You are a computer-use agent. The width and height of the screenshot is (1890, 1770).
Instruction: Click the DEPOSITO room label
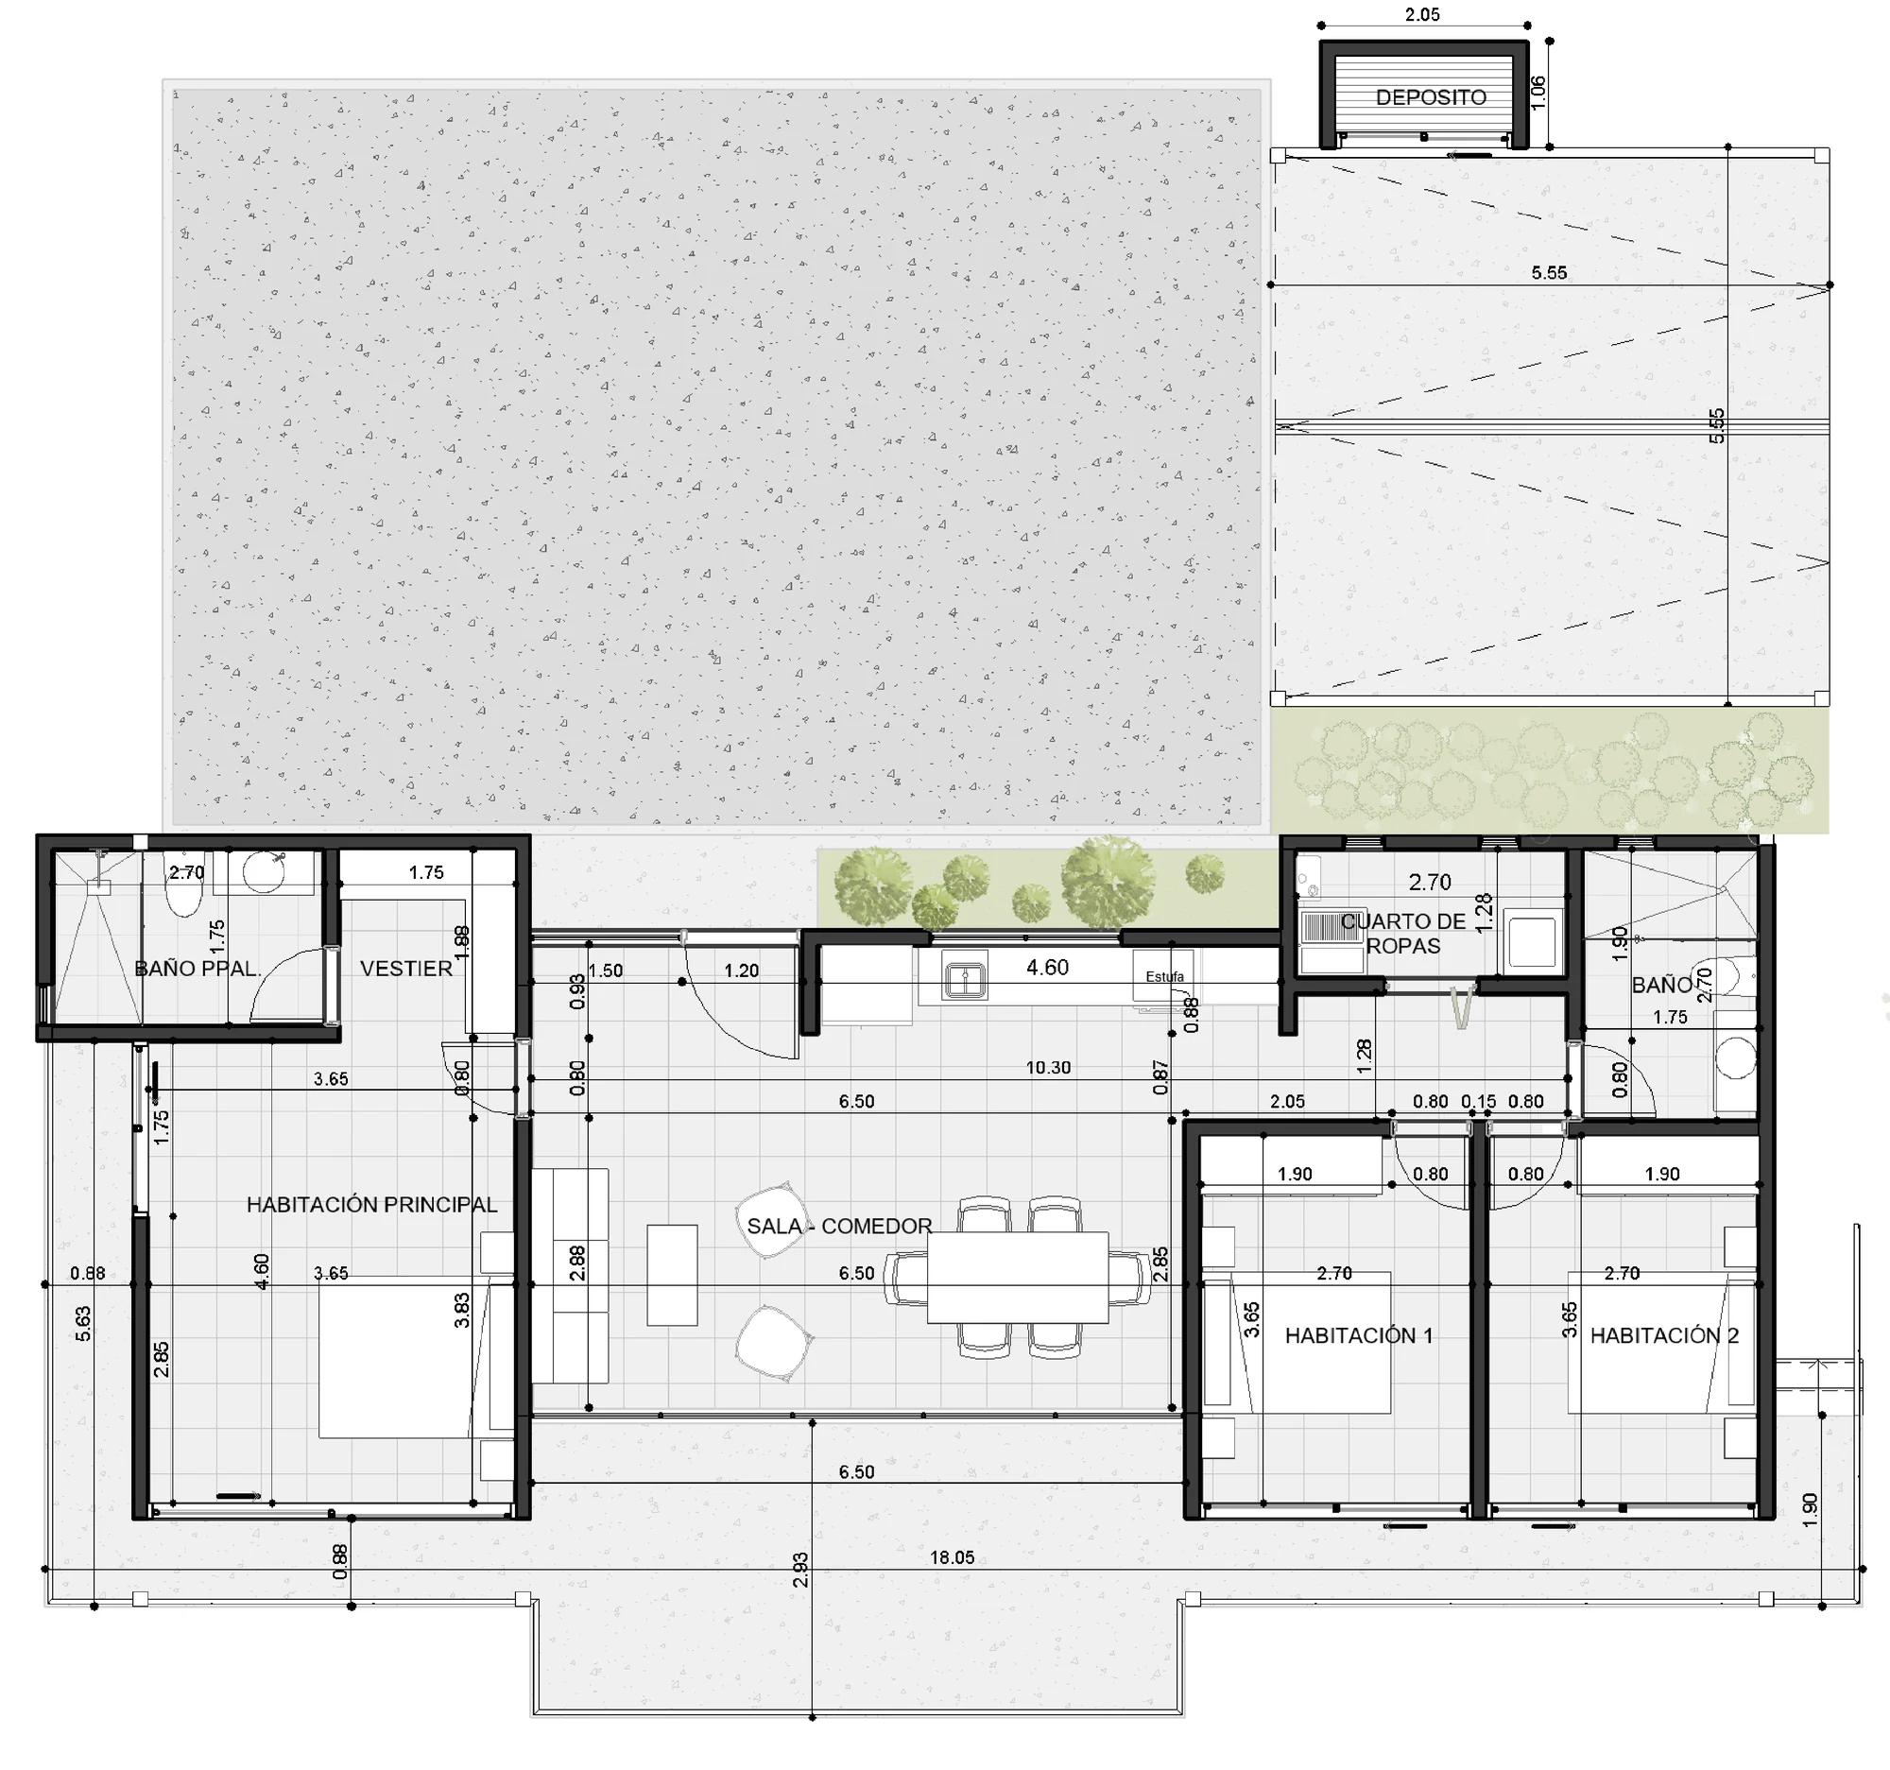pyautogui.click(x=1431, y=97)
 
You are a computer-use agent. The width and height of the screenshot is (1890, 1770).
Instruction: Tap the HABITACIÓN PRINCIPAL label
pyautogui.click(x=371, y=1204)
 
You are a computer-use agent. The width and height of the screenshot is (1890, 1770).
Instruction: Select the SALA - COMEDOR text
pyautogui.click(x=839, y=1227)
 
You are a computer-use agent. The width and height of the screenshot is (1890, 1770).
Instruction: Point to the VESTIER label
pyautogui.click(x=406, y=969)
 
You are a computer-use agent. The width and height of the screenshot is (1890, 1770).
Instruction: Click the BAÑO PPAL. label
pyautogui.click(x=197, y=969)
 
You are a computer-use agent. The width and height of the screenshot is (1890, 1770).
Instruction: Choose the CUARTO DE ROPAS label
pyautogui.click(x=1403, y=934)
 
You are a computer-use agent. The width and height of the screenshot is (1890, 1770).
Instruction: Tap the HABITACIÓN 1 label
pyautogui.click(x=1359, y=1335)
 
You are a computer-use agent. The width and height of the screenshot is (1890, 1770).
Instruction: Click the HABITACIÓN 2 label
pyautogui.click(x=1665, y=1335)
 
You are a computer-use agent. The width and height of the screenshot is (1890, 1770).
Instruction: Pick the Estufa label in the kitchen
pyautogui.click(x=1164, y=976)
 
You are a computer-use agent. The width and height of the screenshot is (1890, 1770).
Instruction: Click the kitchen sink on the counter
pyautogui.click(x=965, y=980)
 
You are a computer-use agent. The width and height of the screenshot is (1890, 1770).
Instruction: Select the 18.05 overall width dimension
pyautogui.click(x=952, y=1557)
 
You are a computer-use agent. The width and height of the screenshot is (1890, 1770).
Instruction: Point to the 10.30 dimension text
pyautogui.click(x=1048, y=1068)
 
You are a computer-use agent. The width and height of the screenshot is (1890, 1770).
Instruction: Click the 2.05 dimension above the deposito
pyautogui.click(x=1422, y=14)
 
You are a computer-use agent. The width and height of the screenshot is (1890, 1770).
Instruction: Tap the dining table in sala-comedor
pyautogui.click(x=1018, y=1278)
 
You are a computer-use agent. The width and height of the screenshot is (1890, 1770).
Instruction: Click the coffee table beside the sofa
pyautogui.click(x=672, y=1275)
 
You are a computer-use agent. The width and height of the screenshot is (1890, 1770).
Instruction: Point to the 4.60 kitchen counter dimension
pyautogui.click(x=1048, y=968)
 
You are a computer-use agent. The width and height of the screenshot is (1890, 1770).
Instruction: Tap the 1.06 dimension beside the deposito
pyautogui.click(x=1539, y=92)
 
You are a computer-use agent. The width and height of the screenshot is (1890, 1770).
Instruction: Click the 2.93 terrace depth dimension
pyautogui.click(x=800, y=1570)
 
